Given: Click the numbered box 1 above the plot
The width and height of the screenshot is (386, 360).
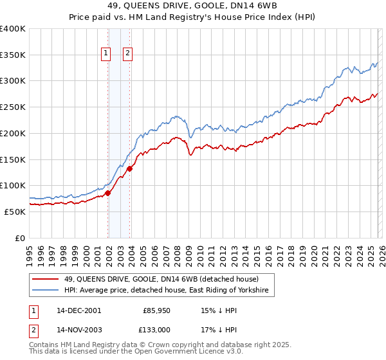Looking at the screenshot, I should tap(106, 53).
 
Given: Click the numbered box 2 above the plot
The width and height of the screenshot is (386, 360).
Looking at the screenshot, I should tap(127, 53).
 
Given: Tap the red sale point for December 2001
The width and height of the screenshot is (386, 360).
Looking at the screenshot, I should tap(108, 193).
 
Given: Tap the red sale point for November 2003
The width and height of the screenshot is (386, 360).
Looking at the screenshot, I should tap(130, 168).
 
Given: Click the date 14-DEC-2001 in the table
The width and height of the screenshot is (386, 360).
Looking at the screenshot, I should tap(78, 310).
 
